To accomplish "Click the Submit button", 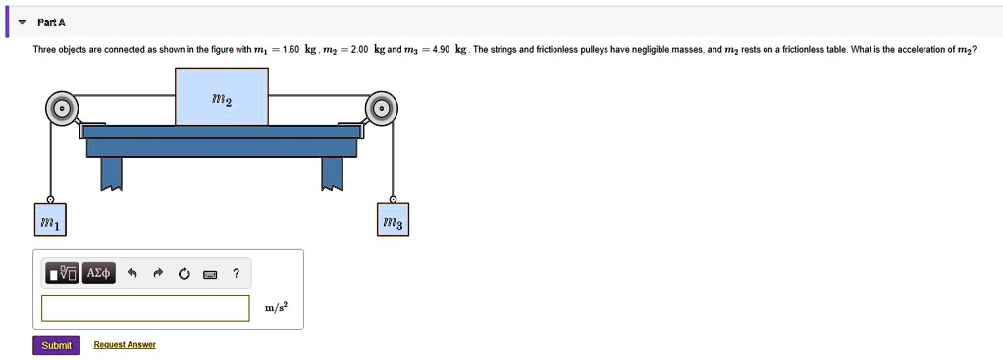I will tap(56, 345).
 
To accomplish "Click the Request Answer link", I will tap(125, 345).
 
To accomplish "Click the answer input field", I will tap(145, 308).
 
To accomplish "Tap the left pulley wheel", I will tap(61, 108).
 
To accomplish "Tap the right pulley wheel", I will tap(382, 108).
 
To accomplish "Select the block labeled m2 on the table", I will tap(222, 96).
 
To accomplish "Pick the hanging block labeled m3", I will tap(395, 224).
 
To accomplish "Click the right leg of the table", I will tap(333, 174).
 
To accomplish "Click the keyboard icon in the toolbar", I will tap(209, 274).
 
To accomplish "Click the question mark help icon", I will tap(235, 273).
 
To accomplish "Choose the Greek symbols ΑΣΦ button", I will tap(99, 273).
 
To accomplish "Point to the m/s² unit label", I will tap(277, 308).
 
